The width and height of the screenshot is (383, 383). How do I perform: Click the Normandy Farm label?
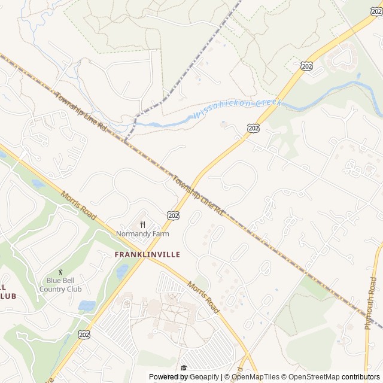point(142,234)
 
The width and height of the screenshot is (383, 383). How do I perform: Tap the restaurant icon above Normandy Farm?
point(142,224)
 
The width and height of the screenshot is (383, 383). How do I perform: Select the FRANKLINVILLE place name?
point(147,254)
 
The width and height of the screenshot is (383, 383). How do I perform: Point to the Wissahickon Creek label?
point(236,109)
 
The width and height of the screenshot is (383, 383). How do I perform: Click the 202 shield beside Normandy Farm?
point(174,215)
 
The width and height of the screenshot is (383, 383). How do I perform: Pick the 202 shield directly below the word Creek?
point(253,127)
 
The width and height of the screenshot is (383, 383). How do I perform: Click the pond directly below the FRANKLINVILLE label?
point(123,272)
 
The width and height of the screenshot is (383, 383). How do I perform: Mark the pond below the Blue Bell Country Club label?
point(87,306)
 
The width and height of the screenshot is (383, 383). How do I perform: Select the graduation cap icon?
point(184,367)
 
